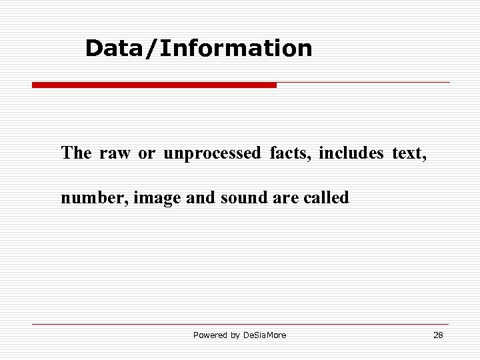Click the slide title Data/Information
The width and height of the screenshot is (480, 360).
pyautogui.click(x=199, y=48)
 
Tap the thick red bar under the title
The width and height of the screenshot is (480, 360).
pyautogui.click(x=154, y=85)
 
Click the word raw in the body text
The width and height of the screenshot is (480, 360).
pyautogui.click(x=115, y=153)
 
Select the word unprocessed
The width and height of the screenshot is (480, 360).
pyautogui.click(x=212, y=153)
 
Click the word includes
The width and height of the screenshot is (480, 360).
pyautogui.click(x=351, y=153)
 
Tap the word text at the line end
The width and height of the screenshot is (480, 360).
pyautogui.click(x=408, y=153)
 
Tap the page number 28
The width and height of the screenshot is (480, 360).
pyautogui.click(x=438, y=335)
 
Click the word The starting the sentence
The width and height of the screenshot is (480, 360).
pyautogui.click(x=76, y=153)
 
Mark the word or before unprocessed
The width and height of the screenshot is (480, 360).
pyautogui.click(x=146, y=153)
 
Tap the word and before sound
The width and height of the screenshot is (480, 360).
pyautogui.click(x=201, y=198)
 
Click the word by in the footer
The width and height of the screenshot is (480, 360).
pyautogui.click(x=235, y=335)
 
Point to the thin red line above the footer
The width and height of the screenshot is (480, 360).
pyautogui.click(x=240, y=325)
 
